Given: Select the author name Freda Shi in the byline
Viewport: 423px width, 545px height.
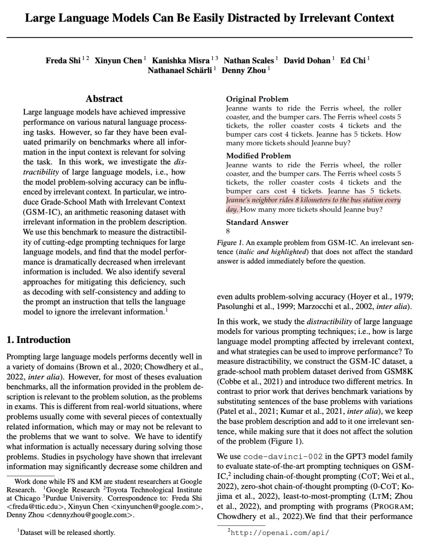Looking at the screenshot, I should (x=63, y=61).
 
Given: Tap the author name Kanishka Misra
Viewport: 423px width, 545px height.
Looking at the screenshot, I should (x=181, y=61).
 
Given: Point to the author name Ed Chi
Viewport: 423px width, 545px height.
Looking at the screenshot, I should (x=352, y=61).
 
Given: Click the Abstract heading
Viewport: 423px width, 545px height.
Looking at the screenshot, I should (x=104, y=99).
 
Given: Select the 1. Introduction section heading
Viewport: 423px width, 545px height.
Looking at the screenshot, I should (x=39, y=340).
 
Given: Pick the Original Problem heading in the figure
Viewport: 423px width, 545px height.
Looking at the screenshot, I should (x=257, y=99).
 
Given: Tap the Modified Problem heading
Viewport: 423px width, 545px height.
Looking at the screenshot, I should (x=258, y=156).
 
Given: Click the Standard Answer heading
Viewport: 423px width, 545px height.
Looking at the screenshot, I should (x=257, y=222).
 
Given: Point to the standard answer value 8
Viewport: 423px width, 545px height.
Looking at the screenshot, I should (x=228, y=231).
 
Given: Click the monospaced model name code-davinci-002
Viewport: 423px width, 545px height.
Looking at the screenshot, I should (x=283, y=457).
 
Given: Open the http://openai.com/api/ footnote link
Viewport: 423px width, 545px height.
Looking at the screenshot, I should (x=280, y=532).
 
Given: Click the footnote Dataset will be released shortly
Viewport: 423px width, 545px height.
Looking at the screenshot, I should (x=67, y=532).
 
